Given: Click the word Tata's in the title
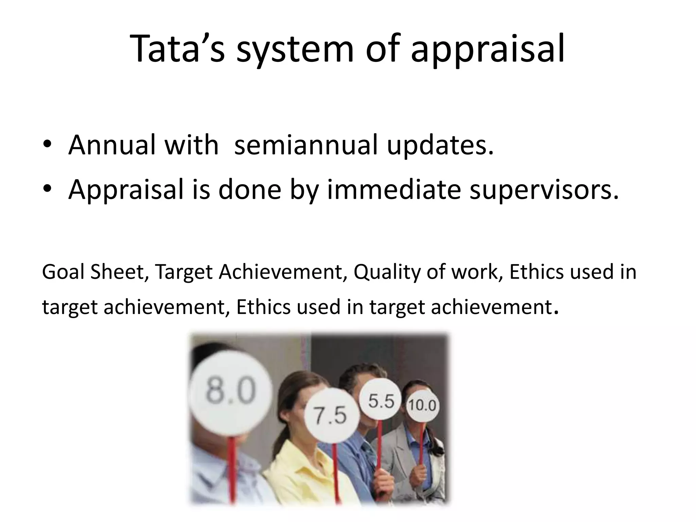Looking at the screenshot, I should pos(177,48).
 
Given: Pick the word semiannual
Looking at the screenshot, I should pos(306,144).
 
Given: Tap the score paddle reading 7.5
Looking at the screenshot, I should pos(330,416).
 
